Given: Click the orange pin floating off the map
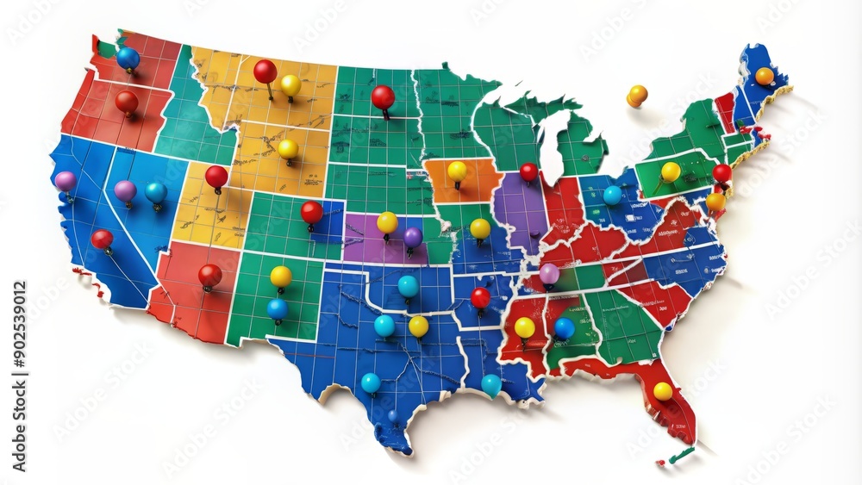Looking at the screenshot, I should tap(637, 95).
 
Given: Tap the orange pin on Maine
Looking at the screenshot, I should tap(765, 76).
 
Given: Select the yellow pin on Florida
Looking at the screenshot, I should tap(662, 391).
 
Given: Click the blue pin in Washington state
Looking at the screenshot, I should tap(128, 59).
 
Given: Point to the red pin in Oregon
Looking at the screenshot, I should tap(127, 102).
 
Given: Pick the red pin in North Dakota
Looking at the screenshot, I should tap(383, 96).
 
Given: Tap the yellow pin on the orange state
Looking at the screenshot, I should tap(457, 171).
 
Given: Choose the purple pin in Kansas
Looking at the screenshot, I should tap(413, 236).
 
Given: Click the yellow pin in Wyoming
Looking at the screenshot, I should tap(288, 149).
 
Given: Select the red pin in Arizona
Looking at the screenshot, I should tap(209, 275).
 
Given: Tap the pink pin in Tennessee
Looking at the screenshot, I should tap(549, 273).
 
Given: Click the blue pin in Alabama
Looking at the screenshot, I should tap(564, 327).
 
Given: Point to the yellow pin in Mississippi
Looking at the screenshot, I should tap(524, 327).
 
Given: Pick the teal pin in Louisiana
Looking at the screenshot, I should tap(490, 384).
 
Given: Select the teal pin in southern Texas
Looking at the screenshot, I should tap(371, 382).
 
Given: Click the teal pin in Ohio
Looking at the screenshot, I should tap(612, 195).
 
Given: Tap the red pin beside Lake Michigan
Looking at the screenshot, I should tap(528, 171).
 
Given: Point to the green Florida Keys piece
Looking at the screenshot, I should tap(682, 455).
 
